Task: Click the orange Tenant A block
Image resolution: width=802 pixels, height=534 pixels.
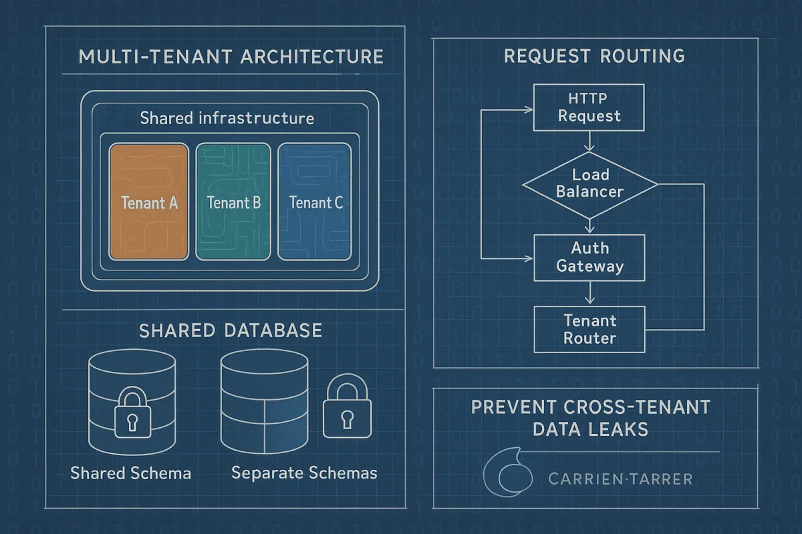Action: pyautogui.click(x=149, y=202)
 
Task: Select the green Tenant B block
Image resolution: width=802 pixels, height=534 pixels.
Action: pyautogui.click(x=233, y=202)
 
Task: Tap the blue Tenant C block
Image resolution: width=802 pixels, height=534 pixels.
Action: pyautogui.click(x=315, y=202)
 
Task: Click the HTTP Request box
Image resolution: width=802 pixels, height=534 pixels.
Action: pyautogui.click(x=589, y=107)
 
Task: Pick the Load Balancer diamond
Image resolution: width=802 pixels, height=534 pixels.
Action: pyautogui.click(x=589, y=184)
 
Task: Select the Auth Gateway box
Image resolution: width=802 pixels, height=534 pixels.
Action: pyautogui.click(x=589, y=257)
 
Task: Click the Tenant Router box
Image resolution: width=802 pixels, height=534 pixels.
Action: pyautogui.click(x=589, y=329)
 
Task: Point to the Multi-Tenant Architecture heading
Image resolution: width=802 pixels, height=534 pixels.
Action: pyautogui.click(x=231, y=57)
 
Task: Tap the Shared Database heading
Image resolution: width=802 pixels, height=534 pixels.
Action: pyautogui.click(x=230, y=330)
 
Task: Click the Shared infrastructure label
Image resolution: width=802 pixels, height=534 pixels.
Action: pyautogui.click(x=227, y=119)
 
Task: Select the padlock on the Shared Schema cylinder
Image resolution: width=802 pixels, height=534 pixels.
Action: pyautogui.click(x=132, y=415)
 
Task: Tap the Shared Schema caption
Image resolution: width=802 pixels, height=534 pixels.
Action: pyautogui.click(x=131, y=473)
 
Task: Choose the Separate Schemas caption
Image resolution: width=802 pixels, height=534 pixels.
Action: pyautogui.click(x=304, y=473)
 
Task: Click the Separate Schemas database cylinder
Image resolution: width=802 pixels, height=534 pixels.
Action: pyautogui.click(x=264, y=400)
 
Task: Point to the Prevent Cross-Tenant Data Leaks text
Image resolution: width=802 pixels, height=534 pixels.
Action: pyautogui.click(x=590, y=417)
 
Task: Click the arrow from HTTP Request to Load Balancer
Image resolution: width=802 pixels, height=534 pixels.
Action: pyautogui.click(x=589, y=141)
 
